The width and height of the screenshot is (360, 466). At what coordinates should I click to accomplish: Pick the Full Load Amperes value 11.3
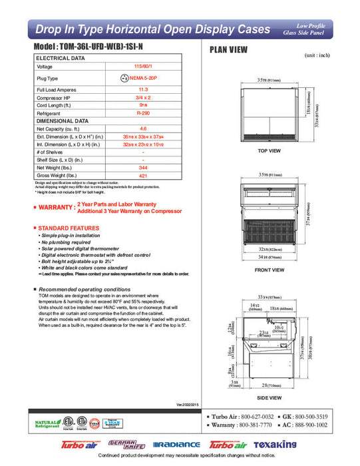pyautogui.click(x=142, y=89)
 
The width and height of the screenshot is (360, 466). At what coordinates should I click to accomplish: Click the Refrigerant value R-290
pyautogui.click(x=142, y=114)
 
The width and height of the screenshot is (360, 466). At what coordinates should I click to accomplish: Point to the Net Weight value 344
pyautogui.click(x=142, y=168)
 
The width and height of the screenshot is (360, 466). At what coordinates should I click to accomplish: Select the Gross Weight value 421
pyautogui.click(x=142, y=176)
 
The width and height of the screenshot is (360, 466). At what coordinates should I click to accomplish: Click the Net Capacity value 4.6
pyautogui.click(x=142, y=128)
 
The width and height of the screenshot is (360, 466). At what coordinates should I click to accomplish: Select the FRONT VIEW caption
pyautogui.click(x=270, y=270)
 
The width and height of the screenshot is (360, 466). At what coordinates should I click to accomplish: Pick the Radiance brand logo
pyautogui.click(x=176, y=444)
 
